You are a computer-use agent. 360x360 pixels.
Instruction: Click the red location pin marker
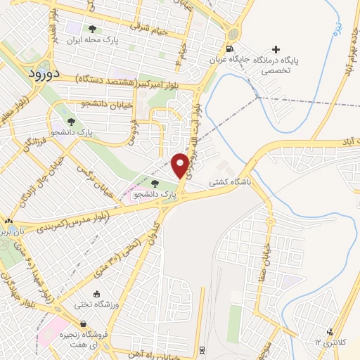180,165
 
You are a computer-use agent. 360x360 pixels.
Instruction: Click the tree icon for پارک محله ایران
92,29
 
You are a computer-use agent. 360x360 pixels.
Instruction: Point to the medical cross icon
276,49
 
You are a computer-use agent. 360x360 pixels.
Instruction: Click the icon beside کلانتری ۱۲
328,332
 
